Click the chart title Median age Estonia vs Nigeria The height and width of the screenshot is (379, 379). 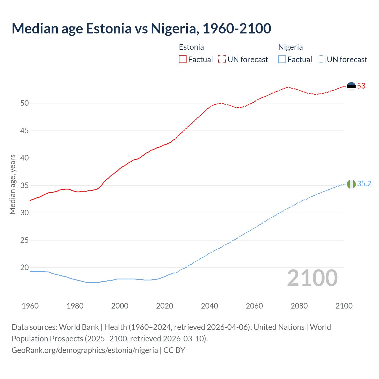[141, 28]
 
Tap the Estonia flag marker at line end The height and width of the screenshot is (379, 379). [351, 86]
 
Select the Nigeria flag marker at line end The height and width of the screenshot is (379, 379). [351, 184]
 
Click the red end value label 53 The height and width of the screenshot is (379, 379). [361, 86]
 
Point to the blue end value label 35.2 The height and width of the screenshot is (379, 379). [364, 184]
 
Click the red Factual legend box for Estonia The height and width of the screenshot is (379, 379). [183, 60]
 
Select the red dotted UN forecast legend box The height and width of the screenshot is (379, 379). [222, 60]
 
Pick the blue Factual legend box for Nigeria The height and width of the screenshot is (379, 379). [282, 60]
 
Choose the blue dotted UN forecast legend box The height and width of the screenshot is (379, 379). [322, 60]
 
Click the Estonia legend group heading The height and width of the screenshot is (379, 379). [191, 47]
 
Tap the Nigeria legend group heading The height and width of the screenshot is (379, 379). [290, 47]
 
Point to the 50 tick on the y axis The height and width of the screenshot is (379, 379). [25, 103]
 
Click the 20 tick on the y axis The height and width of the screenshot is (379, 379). [25, 268]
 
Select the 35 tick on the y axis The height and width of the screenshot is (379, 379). [25, 186]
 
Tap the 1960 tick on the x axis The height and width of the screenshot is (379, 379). [30, 306]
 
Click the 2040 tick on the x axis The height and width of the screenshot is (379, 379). [209, 306]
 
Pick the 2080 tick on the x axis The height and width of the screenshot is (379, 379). [299, 306]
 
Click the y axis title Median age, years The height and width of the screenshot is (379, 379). [12, 184]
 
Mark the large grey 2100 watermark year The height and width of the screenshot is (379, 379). [312, 278]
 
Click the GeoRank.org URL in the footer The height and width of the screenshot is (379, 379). [85, 350]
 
